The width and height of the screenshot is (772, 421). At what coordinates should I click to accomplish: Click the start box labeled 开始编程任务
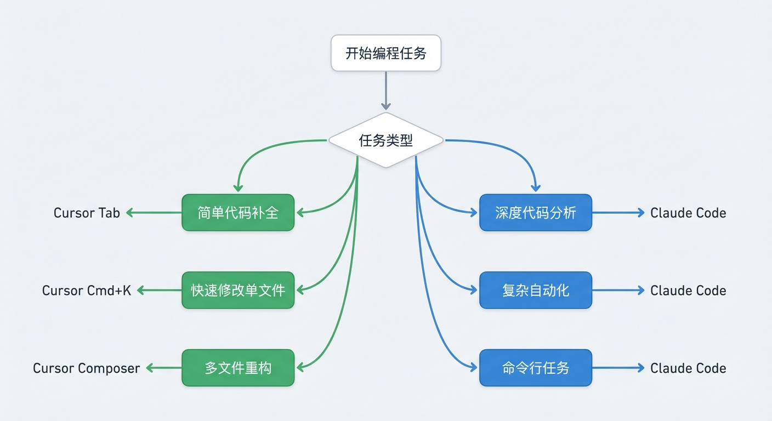(x=385, y=53)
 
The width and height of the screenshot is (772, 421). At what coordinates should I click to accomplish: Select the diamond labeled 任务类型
(x=385, y=140)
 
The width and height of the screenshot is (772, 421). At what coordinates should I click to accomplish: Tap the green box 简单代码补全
(x=238, y=213)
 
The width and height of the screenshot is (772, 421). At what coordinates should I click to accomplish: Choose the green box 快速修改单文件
(x=238, y=290)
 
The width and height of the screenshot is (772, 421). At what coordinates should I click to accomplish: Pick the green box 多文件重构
(x=238, y=368)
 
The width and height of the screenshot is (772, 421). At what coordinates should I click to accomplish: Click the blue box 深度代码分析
(x=535, y=213)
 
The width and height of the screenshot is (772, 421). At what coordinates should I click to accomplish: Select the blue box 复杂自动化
(x=535, y=290)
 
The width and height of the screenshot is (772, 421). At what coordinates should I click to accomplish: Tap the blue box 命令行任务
(x=535, y=368)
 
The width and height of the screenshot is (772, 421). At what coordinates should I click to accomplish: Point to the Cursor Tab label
(x=87, y=213)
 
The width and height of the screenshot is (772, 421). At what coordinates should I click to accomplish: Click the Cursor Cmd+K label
(x=87, y=290)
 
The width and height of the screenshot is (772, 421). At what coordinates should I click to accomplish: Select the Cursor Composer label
(x=87, y=368)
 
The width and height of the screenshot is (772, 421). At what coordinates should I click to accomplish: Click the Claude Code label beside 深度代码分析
(x=688, y=213)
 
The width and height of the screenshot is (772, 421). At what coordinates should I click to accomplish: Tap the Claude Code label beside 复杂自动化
(x=688, y=290)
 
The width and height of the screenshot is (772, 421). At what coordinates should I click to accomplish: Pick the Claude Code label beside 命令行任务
(x=688, y=368)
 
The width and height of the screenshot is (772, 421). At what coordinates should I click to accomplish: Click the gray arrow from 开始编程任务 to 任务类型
(x=385, y=90)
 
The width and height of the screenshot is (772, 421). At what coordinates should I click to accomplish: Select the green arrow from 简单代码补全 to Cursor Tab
(x=154, y=213)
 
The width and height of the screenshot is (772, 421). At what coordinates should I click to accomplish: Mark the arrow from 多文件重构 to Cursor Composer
(x=164, y=368)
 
